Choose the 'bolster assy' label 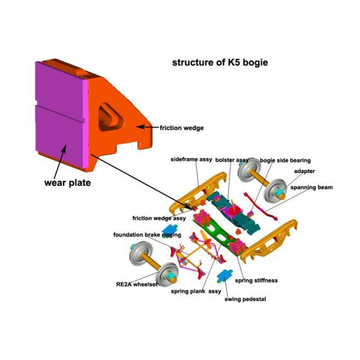point(232,161)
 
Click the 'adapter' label point(304,171)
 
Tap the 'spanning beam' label point(311,187)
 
